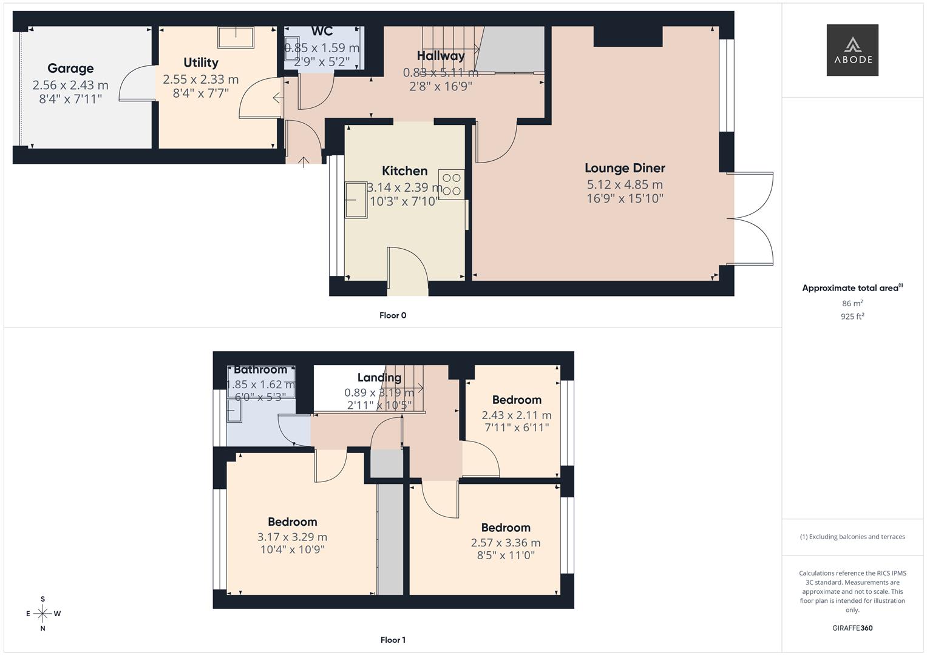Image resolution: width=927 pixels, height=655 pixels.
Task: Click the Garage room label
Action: (x=70, y=69)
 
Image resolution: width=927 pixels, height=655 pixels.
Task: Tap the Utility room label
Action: (x=201, y=62)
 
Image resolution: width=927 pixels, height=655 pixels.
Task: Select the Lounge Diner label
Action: (x=625, y=168)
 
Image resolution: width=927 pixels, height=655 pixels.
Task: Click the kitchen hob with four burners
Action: (x=452, y=184)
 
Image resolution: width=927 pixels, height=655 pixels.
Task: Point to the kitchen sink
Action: (x=356, y=200)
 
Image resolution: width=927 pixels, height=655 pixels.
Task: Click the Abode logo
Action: (x=852, y=50)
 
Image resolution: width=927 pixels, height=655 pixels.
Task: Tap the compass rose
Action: (x=42, y=614)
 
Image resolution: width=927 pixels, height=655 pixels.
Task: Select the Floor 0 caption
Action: (x=393, y=315)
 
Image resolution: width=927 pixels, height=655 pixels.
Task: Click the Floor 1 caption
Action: (x=393, y=640)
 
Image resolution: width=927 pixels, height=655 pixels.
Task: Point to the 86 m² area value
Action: (x=852, y=303)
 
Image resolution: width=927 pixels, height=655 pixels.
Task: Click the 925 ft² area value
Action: (x=852, y=316)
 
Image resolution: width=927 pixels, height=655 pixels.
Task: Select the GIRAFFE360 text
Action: (x=852, y=628)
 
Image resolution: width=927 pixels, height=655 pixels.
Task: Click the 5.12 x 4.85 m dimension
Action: (x=625, y=184)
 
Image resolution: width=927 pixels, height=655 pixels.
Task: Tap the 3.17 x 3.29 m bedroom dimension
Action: (x=292, y=537)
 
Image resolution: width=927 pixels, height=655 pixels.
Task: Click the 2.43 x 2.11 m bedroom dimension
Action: (x=517, y=415)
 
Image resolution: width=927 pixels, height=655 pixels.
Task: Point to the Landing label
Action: (x=379, y=378)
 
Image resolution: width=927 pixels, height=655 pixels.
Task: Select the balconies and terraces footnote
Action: (x=852, y=537)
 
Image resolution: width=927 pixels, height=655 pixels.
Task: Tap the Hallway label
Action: (x=441, y=56)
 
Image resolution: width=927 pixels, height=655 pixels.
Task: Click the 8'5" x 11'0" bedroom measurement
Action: (x=506, y=555)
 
